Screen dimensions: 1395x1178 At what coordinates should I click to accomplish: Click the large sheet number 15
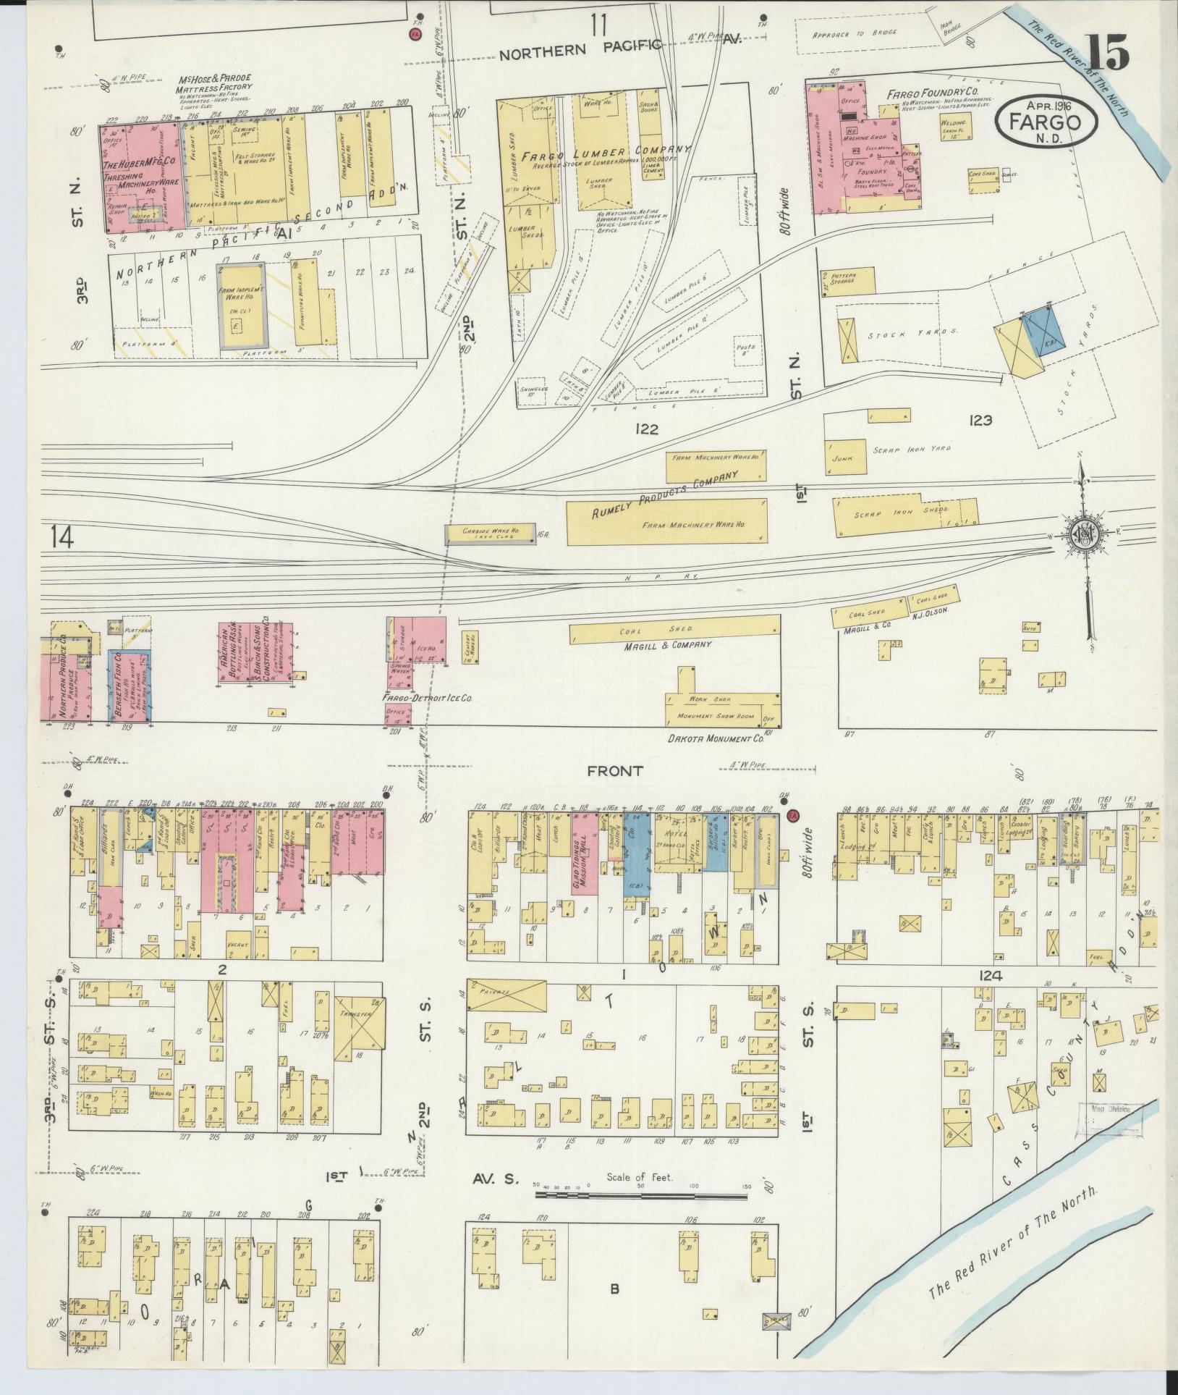[1107, 52]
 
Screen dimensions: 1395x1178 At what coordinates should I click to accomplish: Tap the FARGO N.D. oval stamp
[1046, 119]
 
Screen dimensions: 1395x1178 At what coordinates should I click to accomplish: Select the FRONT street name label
[614, 772]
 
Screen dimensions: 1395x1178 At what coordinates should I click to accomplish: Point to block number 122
[645, 429]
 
